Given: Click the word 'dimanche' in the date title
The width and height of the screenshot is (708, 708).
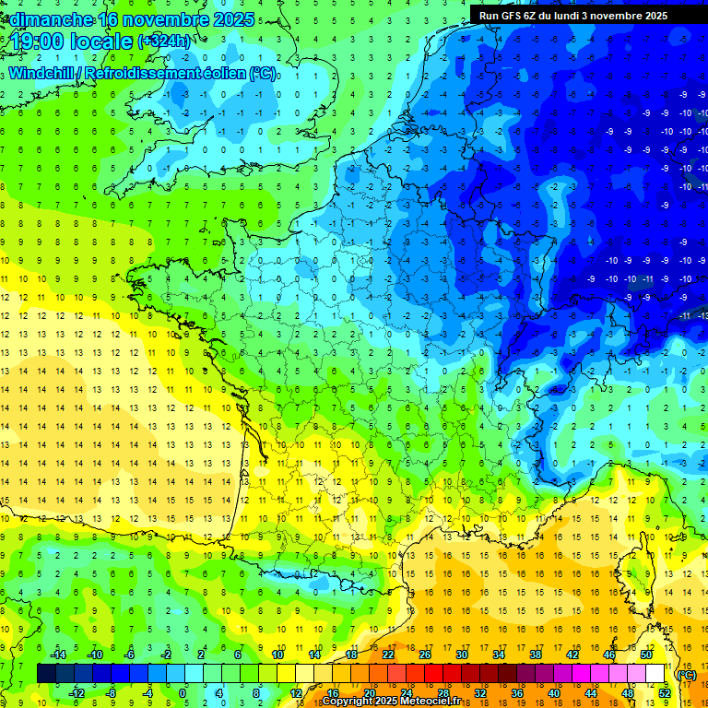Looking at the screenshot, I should tap(52, 19).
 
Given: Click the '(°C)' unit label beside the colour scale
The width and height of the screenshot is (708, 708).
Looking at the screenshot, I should tap(686, 675).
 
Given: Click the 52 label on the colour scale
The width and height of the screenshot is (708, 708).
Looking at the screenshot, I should tap(664, 693).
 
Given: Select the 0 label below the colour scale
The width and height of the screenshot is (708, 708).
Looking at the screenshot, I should tap(182, 693).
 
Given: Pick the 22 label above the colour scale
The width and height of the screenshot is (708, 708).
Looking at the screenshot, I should tap(388, 655).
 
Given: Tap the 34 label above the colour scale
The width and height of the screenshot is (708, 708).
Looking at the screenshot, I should tap(499, 655).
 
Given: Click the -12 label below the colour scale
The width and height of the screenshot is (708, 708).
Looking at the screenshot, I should tap(77, 693).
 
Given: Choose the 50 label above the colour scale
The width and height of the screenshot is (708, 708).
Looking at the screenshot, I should tap(646, 655).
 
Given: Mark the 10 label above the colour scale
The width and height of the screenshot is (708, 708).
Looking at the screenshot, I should tap(277, 655).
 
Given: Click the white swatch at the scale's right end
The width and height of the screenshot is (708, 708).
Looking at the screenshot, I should tap(655, 674).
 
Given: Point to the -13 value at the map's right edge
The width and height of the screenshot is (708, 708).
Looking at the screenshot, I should tap(702, 316).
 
